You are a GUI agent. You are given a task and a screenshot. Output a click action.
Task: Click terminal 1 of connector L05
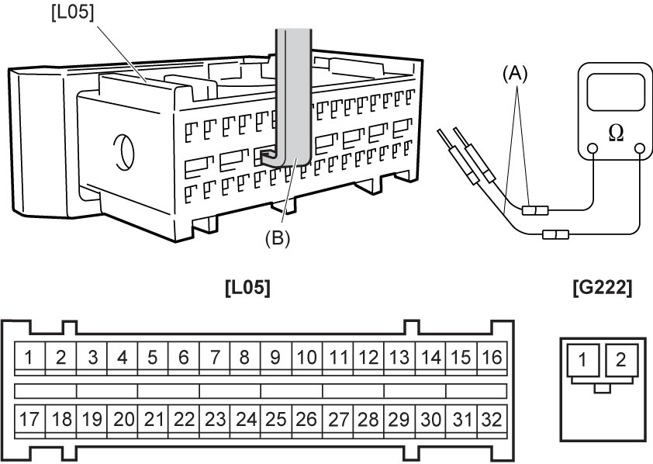pyautogui.click(x=29, y=357)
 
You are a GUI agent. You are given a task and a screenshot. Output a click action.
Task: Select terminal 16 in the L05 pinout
pyautogui.click(x=492, y=357)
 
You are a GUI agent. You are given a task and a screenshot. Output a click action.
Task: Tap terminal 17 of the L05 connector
pyautogui.click(x=29, y=420)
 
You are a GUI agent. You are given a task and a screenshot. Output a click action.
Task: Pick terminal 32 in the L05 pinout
pyautogui.click(x=492, y=420)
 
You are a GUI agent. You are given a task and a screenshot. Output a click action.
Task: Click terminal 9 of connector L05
pyautogui.click(x=275, y=357)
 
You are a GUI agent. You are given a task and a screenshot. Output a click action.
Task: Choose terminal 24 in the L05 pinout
pyautogui.click(x=245, y=420)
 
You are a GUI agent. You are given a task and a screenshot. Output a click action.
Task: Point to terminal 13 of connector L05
pyautogui.click(x=399, y=357)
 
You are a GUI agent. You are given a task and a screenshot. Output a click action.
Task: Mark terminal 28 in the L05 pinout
pyautogui.click(x=368, y=420)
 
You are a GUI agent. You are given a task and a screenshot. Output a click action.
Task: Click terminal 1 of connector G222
pyautogui.click(x=582, y=359)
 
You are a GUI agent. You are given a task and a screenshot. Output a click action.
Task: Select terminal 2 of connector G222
pyautogui.click(x=621, y=359)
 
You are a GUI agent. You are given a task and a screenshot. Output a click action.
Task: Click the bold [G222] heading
pyautogui.click(x=602, y=288)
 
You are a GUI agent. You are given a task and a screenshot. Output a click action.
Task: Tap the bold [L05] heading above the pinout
pyautogui.click(x=248, y=288)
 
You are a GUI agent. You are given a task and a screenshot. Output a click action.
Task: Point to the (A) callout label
pyautogui.click(x=515, y=74)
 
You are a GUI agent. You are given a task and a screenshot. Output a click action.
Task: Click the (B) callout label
pyautogui.click(x=278, y=239)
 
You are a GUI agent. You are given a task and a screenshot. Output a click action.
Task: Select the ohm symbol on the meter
pyautogui.click(x=616, y=133)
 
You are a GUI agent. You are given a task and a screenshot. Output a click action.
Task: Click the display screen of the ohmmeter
pyautogui.click(x=616, y=92)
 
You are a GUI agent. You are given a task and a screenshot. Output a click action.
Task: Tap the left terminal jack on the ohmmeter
pyautogui.click(x=593, y=149)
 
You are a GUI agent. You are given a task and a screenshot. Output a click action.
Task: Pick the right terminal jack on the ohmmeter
pyautogui.click(x=640, y=149)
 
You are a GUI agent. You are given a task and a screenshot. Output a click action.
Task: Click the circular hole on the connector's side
pyautogui.click(x=123, y=152)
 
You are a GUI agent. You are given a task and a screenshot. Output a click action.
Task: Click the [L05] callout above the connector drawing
pyautogui.click(x=73, y=12)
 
